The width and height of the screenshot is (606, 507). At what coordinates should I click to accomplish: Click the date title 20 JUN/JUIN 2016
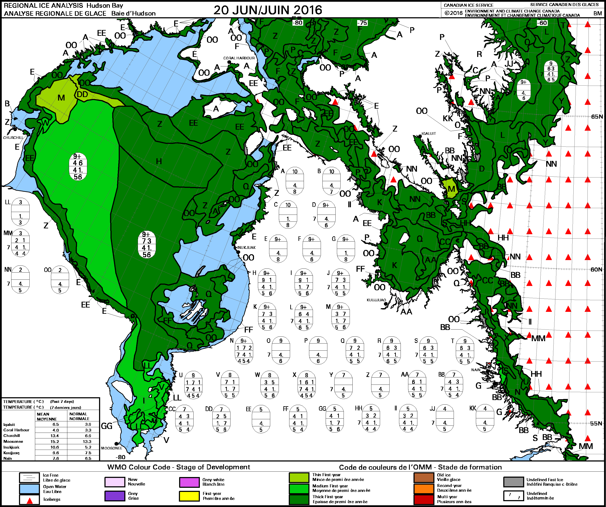[x=268, y=10]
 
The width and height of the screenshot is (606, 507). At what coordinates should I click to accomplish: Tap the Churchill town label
[x=13, y=138]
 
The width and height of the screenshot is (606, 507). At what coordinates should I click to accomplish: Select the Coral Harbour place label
[x=239, y=58]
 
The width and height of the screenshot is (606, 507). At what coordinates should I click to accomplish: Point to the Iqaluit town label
[x=429, y=133]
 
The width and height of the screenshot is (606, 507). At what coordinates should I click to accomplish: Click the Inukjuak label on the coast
[x=246, y=247]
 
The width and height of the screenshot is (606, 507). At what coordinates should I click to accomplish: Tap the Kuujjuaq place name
[x=376, y=300]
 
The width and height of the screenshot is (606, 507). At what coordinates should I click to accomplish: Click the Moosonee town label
[x=111, y=448]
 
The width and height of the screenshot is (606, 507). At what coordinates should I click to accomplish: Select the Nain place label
[x=476, y=370]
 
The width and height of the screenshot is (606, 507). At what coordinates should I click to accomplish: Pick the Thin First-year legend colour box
[x=299, y=478]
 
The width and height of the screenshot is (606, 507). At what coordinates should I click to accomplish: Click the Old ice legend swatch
[x=424, y=478]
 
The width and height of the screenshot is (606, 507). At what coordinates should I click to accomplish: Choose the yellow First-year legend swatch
[x=189, y=496]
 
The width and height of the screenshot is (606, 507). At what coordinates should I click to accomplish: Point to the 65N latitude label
[x=597, y=116]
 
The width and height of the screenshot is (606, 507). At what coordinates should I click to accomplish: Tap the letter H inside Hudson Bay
[x=159, y=162]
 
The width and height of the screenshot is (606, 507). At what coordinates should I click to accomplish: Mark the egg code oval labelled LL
[x=20, y=212]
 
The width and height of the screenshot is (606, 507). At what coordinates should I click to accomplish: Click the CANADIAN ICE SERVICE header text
[x=469, y=5]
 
